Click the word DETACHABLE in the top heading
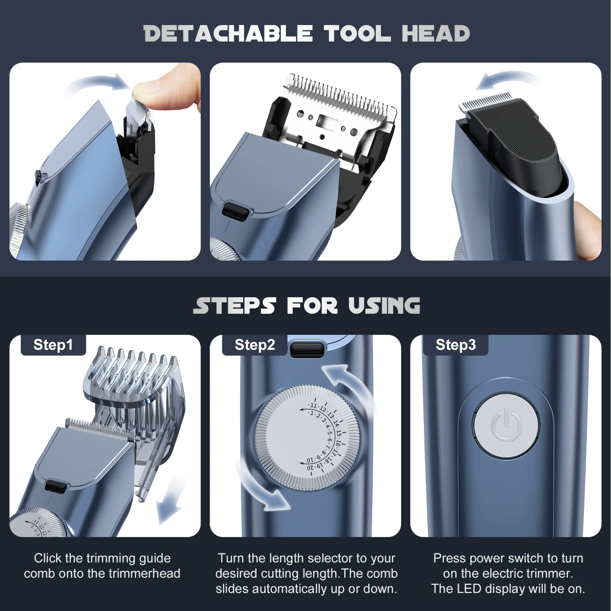coord(228,34)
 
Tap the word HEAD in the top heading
coord(436,34)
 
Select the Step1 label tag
coord(53,345)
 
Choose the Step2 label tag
coord(255,345)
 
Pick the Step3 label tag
coord(456,345)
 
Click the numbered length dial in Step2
coord(307,438)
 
